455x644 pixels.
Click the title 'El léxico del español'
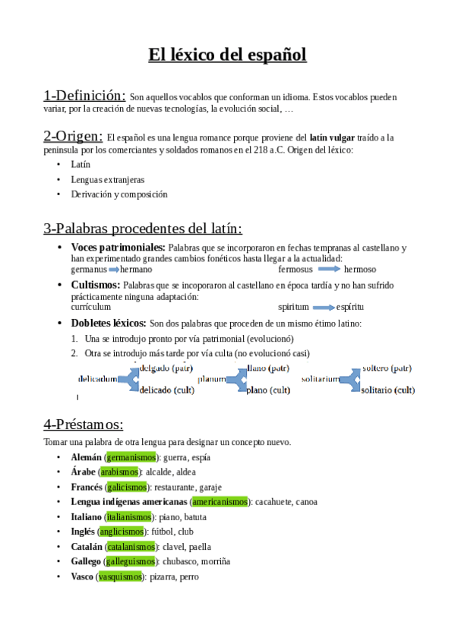point(227,55)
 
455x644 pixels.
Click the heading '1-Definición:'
point(84,96)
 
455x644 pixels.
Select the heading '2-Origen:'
point(73,136)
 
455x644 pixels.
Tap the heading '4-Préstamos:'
point(84,425)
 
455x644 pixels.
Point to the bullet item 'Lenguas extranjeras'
point(107,180)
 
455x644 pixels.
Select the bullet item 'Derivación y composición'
point(118,194)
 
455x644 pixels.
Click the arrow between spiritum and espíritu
point(324,308)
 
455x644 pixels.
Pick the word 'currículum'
point(90,308)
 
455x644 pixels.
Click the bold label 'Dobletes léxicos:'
point(108,323)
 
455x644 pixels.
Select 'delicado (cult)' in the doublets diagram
point(167,390)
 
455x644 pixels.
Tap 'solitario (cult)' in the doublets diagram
point(387,390)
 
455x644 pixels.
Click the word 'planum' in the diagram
point(212,379)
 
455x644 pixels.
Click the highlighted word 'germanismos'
point(131,458)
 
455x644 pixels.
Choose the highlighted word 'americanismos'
point(220,502)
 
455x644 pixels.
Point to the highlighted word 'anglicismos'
point(123,532)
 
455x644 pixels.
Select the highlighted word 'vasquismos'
point(121,576)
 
